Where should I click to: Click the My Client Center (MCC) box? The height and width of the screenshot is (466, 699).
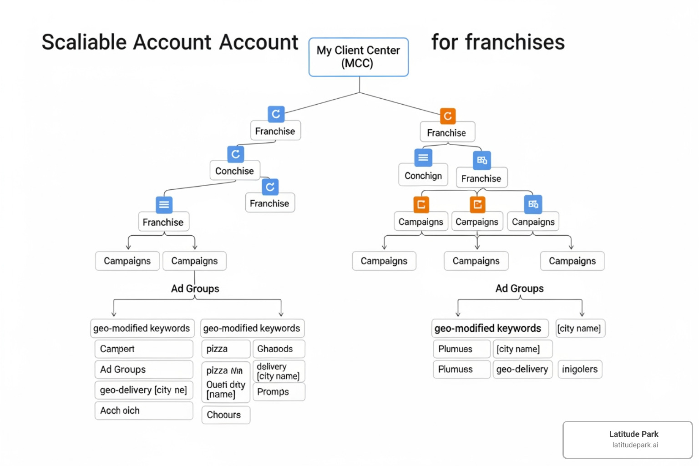[x=359, y=57]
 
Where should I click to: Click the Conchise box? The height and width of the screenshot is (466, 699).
[x=234, y=171]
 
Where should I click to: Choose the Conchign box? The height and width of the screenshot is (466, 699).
[x=423, y=176]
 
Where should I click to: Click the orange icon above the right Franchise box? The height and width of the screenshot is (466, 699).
[x=447, y=116]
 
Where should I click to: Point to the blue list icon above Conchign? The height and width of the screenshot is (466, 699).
[x=423, y=158]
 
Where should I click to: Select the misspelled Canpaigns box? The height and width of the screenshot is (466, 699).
[x=533, y=222]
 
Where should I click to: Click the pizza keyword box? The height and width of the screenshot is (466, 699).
[x=225, y=349]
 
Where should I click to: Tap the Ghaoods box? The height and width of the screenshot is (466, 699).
[x=279, y=349]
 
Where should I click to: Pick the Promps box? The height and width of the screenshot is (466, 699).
[x=279, y=392]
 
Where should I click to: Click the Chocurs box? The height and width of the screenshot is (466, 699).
[x=225, y=415]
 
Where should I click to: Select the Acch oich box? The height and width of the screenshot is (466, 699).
[x=143, y=410]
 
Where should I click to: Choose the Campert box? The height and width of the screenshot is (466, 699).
[x=143, y=349]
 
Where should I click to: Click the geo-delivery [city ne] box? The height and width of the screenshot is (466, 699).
[x=143, y=390]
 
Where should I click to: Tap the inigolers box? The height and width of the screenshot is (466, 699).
[x=580, y=369]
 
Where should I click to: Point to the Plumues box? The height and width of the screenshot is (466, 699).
[x=455, y=349]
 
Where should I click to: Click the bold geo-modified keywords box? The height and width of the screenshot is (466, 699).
[x=489, y=328]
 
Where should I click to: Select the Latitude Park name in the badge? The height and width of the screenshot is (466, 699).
[x=633, y=434]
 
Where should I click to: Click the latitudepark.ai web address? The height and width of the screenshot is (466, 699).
[x=635, y=445]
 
